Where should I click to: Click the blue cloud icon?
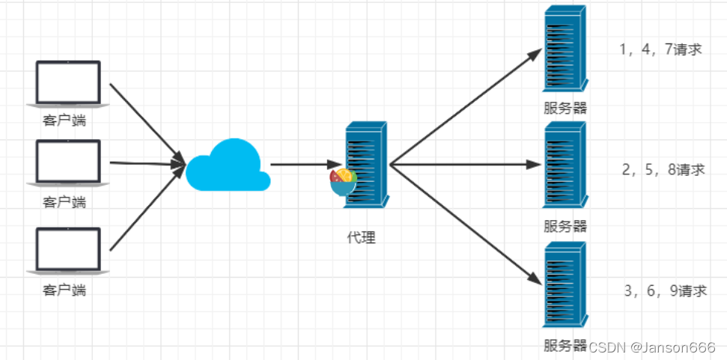(x=227, y=166)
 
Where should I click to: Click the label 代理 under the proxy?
(x=361, y=238)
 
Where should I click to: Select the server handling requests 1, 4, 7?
(x=565, y=49)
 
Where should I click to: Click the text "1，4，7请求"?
(x=660, y=51)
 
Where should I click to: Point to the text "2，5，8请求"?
(x=663, y=170)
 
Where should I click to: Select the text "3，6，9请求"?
(x=665, y=291)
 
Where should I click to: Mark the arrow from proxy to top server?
(x=464, y=107)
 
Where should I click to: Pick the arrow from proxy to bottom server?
(x=464, y=222)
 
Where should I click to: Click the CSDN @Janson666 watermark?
(x=651, y=347)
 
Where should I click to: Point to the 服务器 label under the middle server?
(x=565, y=226)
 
